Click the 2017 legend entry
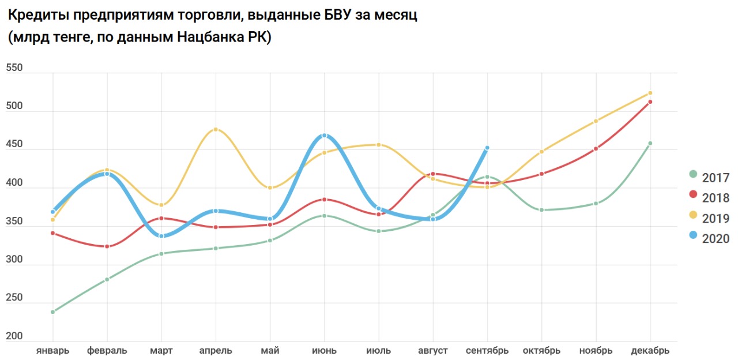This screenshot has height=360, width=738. click(x=709, y=178)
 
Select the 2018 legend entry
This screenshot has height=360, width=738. click(x=709, y=198)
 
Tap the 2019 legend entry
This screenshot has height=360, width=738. click(x=709, y=218)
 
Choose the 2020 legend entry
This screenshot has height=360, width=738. click(x=709, y=238)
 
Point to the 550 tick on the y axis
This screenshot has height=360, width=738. click(x=14, y=68)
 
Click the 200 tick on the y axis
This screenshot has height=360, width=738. click(x=14, y=336)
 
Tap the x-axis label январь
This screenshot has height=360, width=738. click(x=52, y=351)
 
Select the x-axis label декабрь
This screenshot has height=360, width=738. click(x=650, y=351)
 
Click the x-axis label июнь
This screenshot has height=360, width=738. click(x=324, y=351)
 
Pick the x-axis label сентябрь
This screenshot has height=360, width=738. click(x=487, y=351)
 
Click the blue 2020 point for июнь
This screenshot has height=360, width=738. click(x=324, y=136)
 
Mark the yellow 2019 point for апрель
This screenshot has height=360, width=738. click(x=216, y=129)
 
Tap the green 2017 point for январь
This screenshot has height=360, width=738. click(x=52, y=312)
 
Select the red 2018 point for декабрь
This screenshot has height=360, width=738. click(x=650, y=102)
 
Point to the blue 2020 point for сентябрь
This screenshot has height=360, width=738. click(x=487, y=148)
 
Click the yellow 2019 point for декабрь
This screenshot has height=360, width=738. click(x=650, y=93)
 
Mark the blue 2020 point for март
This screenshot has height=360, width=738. click(x=161, y=236)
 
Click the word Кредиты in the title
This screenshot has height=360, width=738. click(x=37, y=16)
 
